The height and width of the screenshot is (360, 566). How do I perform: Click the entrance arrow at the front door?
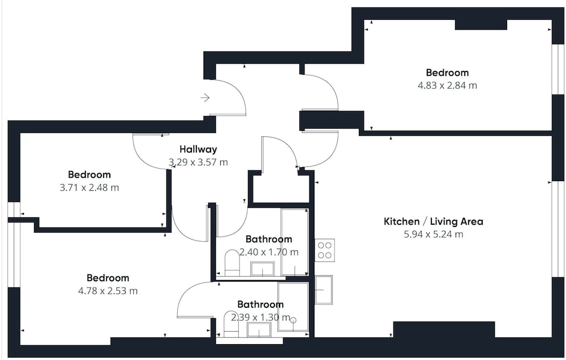205,97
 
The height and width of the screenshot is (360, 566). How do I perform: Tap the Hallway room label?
198,149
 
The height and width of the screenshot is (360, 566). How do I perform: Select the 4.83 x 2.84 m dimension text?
447,85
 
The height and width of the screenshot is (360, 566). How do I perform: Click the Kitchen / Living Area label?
433,221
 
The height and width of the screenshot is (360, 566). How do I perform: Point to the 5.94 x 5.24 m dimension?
433,234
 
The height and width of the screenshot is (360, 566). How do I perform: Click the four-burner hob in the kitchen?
324,250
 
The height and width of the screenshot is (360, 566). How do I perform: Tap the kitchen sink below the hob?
324,290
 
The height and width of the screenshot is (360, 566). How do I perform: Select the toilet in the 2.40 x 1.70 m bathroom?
232,263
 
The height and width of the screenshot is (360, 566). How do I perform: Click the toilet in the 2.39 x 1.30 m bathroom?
231,324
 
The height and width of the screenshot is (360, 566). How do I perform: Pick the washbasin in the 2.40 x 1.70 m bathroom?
262,269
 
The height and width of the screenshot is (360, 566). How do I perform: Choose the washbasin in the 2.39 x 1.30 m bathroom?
259,329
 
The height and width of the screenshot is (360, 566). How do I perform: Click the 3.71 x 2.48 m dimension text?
89,188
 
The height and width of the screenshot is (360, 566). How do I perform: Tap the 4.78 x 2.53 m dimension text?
108,291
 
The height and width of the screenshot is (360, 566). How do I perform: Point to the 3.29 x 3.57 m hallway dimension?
198,162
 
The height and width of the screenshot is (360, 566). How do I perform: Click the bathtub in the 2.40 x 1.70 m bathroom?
295,242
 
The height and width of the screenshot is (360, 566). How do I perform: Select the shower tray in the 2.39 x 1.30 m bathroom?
293,307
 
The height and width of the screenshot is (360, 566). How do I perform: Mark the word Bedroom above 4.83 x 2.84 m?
447,72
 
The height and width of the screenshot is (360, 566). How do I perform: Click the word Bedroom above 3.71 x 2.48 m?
89,175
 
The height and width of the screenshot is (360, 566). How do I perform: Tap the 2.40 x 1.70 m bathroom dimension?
269,252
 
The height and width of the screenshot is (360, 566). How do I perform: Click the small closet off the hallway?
281,188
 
